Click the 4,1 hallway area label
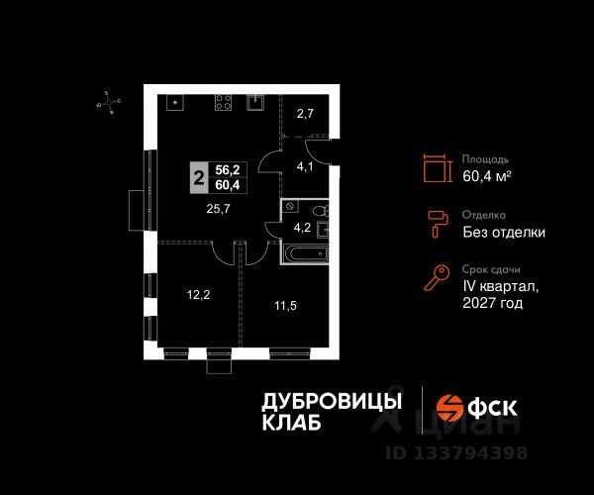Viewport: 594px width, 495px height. (x=306, y=166)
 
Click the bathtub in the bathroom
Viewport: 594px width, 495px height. (x=301, y=254)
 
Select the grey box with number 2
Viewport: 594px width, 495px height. (x=200, y=179)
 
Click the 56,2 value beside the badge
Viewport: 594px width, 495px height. (x=230, y=170)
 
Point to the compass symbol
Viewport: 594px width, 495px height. (x=110, y=100)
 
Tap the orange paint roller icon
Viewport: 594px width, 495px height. (x=435, y=224)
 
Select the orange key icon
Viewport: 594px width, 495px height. (x=435, y=279)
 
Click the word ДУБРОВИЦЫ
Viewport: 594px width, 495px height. (x=332, y=400)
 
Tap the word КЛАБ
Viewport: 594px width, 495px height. (x=291, y=424)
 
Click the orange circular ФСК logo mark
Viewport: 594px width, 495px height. (x=450, y=409)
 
